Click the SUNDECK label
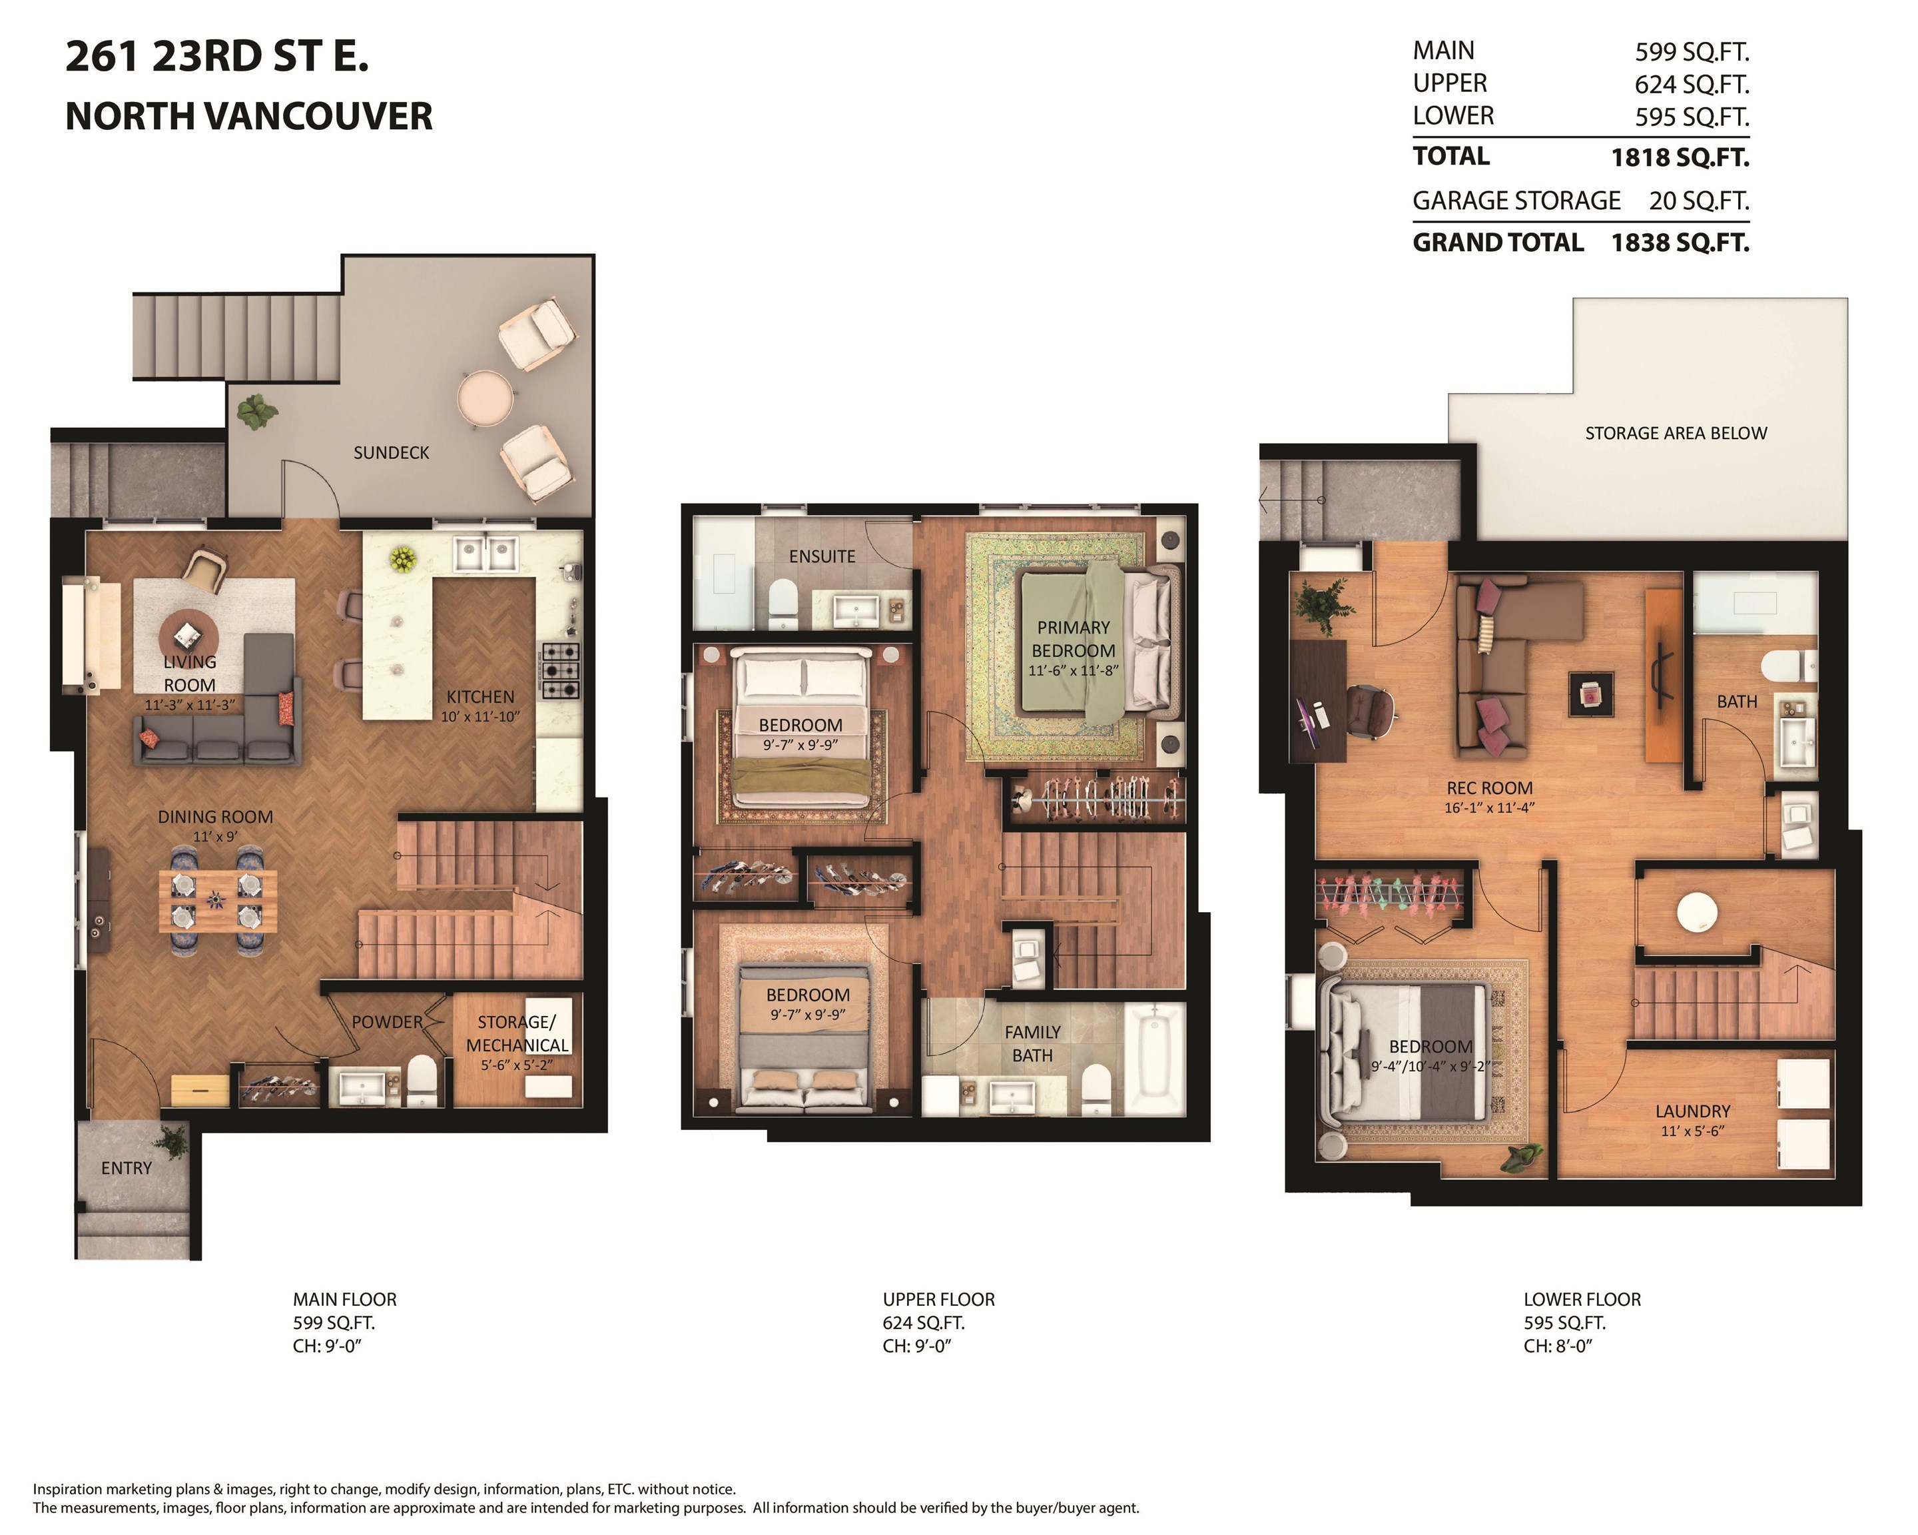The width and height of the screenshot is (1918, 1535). coord(392,453)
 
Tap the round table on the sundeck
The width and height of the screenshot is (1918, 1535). coord(485,398)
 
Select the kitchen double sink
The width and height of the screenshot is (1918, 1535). coord(485,554)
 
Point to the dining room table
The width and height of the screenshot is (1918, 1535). coord(217,901)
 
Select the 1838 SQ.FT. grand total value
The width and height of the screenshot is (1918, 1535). coord(1680,243)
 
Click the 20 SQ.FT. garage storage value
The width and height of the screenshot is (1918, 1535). coord(1699,201)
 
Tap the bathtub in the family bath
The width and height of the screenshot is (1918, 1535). coord(1154,1058)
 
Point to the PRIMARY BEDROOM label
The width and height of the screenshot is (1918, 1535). coord(1074,639)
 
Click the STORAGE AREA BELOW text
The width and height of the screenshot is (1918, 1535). coord(1676,433)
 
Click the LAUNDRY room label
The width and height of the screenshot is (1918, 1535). coord(1693,1111)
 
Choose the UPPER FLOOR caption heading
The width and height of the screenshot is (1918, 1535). coord(938,1299)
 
